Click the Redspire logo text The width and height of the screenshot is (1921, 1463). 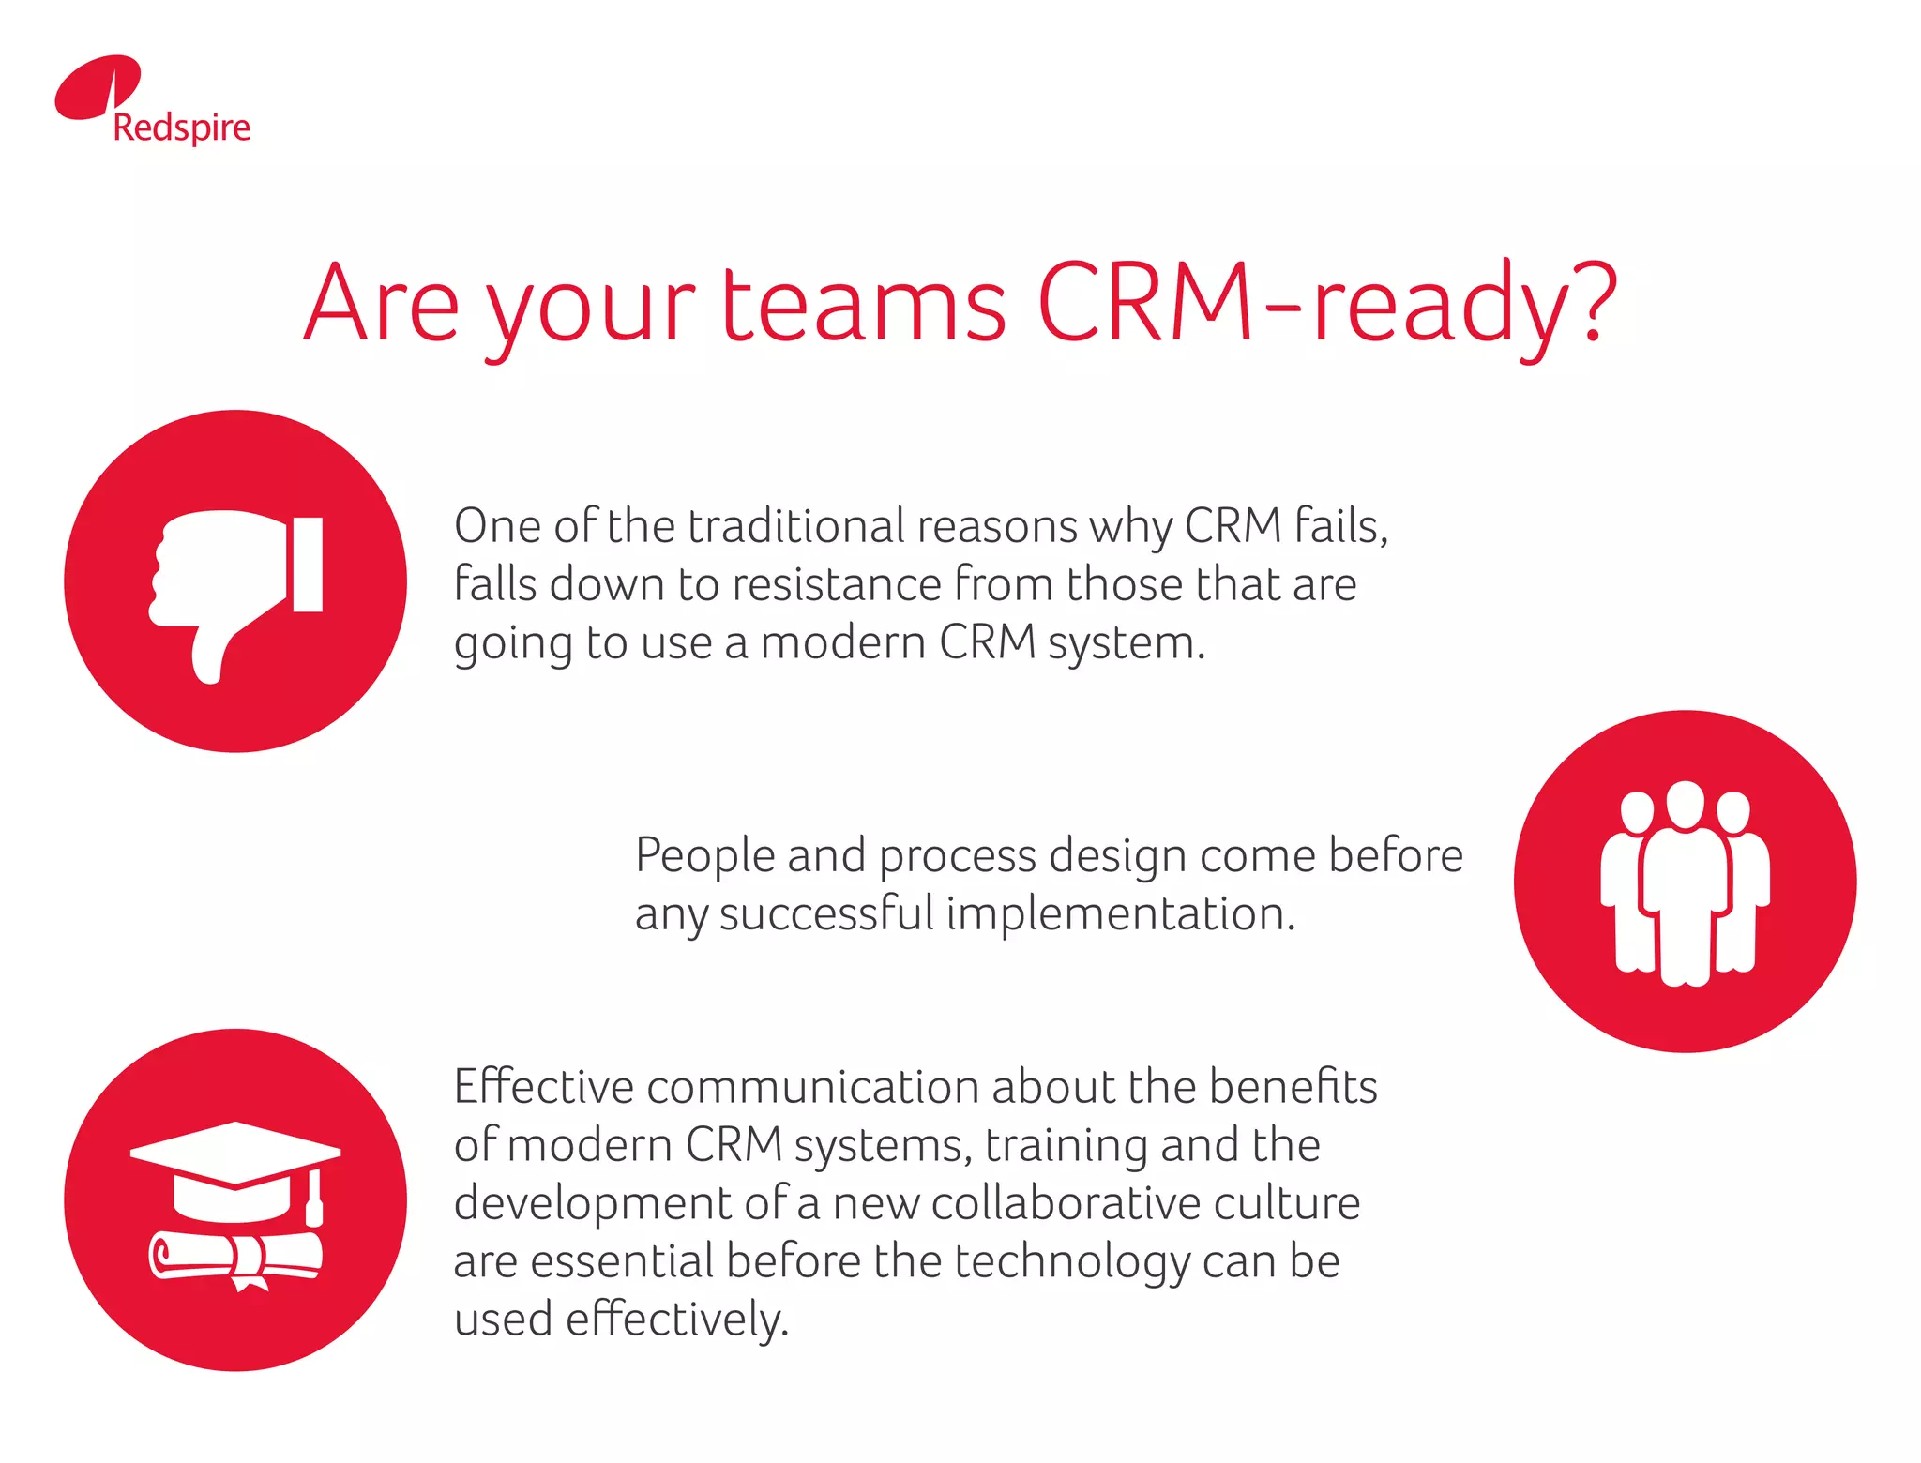coord(181,128)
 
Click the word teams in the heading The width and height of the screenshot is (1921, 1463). coord(863,305)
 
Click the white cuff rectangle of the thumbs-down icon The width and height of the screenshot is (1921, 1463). coord(308,564)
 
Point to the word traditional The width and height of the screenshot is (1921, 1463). coord(796,526)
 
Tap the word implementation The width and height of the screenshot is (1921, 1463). coord(1120,913)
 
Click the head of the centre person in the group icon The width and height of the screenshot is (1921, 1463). coord(1685,804)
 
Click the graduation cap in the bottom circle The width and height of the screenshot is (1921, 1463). coord(234,1168)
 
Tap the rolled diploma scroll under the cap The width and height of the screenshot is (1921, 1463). coord(234,1258)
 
